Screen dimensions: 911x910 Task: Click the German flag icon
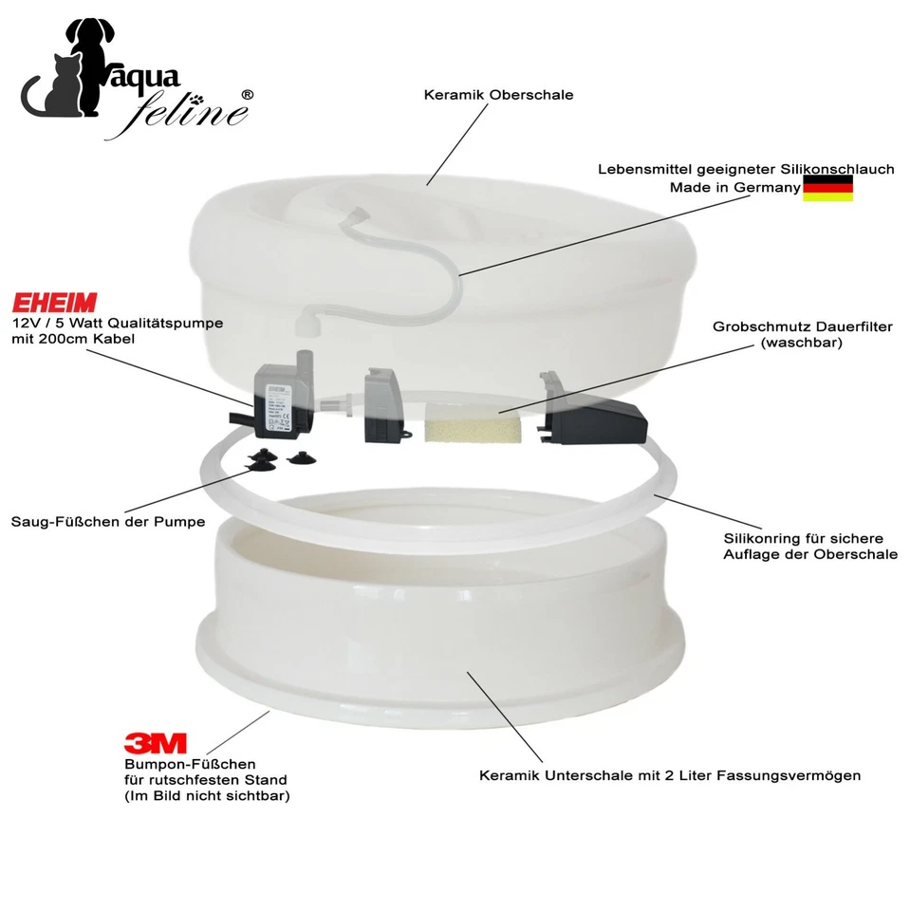click(827, 188)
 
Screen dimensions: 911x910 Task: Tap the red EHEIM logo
click(54, 303)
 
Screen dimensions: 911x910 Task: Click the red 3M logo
click(156, 742)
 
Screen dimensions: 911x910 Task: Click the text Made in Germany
click(734, 188)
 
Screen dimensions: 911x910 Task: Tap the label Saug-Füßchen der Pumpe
click(108, 522)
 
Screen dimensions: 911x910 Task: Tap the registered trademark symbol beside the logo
click(248, 95)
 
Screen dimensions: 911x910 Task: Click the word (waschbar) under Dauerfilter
click(802, 344)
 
